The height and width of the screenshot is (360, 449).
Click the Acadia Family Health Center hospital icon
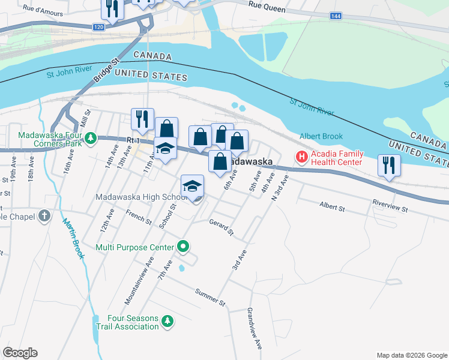point(301,157)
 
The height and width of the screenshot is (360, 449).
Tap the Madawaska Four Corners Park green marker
point(90,139)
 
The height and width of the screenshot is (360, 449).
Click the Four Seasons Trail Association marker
point(168,322)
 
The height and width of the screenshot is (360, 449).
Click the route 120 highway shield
point(99,27)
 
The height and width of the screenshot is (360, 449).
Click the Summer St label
point(209,296)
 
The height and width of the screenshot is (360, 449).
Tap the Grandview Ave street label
point(253,329)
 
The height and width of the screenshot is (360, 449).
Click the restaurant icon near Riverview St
point(389,166)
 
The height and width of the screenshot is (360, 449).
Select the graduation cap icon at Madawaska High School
point(193,186)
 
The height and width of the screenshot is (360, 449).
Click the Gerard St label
point(220,227)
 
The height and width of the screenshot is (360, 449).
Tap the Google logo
point(20,353)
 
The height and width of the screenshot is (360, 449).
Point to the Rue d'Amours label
point(42,9)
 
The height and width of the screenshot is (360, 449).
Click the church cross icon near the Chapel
point(44,216)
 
